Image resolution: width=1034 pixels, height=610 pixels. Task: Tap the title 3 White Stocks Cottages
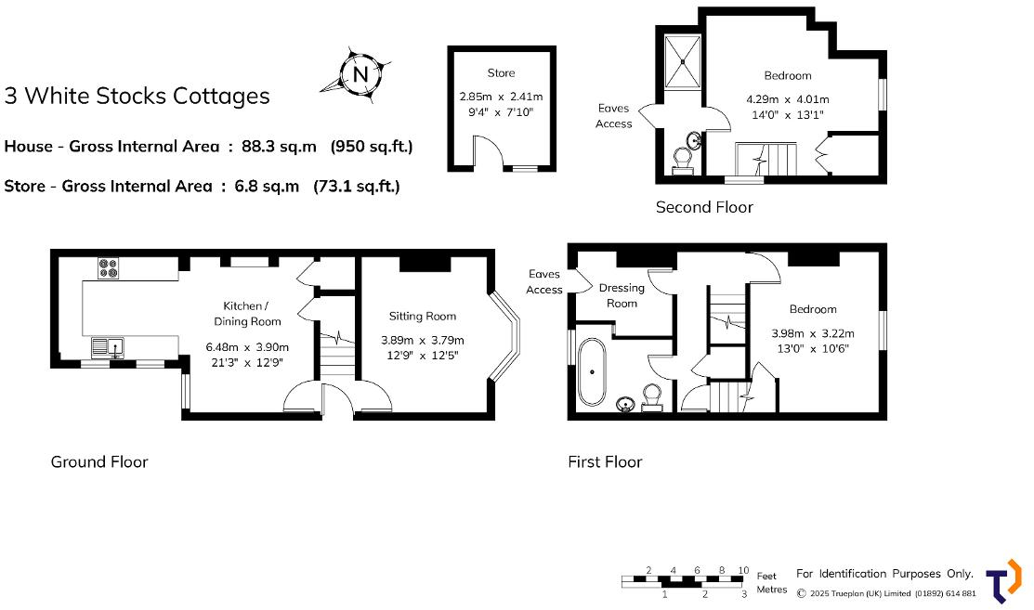[x=137, y=96]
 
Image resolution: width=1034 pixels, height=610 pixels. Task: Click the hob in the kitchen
[x=108, y=268]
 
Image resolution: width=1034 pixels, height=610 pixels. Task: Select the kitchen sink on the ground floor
[x=108, y=347]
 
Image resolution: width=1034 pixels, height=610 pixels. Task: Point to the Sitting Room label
[x=423, y=317]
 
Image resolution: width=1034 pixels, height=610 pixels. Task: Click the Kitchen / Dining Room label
[x=247, y=314]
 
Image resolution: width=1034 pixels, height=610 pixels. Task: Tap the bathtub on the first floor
[x=592, y=372]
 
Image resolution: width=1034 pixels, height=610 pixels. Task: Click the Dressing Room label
[x=622, y=295]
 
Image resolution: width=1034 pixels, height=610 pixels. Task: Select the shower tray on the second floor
[x=683, y=62]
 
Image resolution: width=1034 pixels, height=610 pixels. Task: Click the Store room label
[x=501, y=73]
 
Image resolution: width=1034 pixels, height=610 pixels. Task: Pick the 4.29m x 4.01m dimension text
[x=788, y=99]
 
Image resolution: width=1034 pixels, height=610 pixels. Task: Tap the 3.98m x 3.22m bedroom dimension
[x=812, y=334]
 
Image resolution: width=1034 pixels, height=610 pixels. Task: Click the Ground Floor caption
[x=99, y=461]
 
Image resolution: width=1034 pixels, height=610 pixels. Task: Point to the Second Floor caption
[x=704, y=207]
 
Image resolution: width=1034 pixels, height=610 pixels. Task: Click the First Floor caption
[x=605, y=461]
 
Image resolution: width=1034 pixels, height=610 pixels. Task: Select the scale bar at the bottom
[x=683, y=580]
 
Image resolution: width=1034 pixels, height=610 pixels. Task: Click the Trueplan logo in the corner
[x=1003, y=581]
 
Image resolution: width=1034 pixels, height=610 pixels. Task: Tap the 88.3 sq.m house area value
[x=279, y=147]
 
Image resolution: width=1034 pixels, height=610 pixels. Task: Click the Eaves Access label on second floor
[x=613, y=116]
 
